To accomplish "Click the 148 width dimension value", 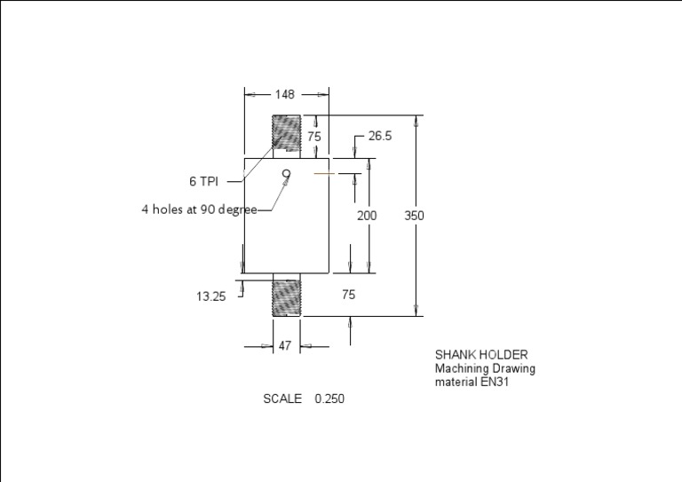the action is pyautogui.click(x=284, y=94).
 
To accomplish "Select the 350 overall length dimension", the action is pyautogui.click(x=414, y=216).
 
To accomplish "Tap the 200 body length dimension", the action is pyautogui.click(x=367, y=216).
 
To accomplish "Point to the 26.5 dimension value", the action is pyautogui.click(x=380, y=136).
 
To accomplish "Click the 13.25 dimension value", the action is pyautogui.click(x=211, y=296).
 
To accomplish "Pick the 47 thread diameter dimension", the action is pyautogui.click(x=284, y=345).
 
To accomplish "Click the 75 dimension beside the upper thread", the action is pyautogui.click(x=314, y=137).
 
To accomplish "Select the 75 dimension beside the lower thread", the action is pyautogui.click(x=348, y=295).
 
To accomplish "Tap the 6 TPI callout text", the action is pyautogui.click(x=203, y=181).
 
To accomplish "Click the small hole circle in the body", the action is pyautogui.click(x=286, y=174).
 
